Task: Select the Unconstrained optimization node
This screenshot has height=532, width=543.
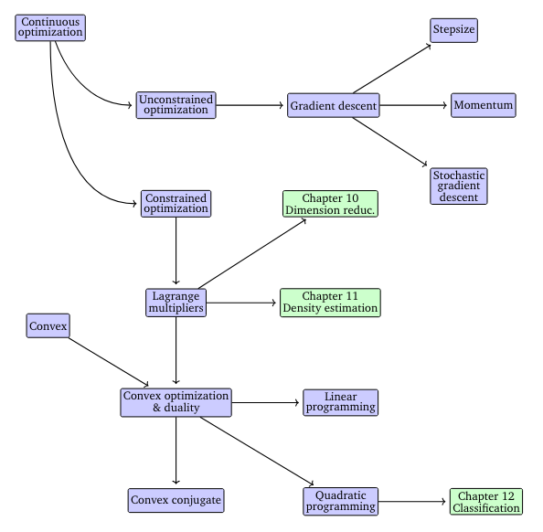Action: pyautogui.click(x=176, y=105)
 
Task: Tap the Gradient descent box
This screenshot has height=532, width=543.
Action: pyautogui.click(x=332, y=105)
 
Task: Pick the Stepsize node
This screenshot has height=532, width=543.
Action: pyautogui.click(x=454, y=30)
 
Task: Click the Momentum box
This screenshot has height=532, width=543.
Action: pyautogui.click(x=484, y=105)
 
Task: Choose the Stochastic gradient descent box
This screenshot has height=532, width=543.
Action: pyautogui.click(x=459, y=186)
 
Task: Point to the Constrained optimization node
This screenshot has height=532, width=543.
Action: pyautogui.click(x=176, y=203)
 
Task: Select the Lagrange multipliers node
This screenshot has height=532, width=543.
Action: pyautogui.click(x=176, y=303)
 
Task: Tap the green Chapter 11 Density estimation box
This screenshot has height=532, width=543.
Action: pyautogui.click(x=329, y=303)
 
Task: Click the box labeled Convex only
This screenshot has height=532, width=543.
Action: pyautogui.click(x=48, y=325)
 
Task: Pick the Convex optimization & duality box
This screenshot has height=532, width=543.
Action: pyautogui.click(x=176, y=402)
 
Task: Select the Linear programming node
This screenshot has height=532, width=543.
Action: pyautogui.click(x=340, y=402)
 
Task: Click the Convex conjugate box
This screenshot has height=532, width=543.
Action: pyautogui.click(x=176, y=500)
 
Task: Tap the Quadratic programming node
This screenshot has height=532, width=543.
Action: pyautogui.click(x=340, y=500)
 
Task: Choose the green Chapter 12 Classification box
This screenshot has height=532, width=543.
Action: pyautogui.click(x=486, y=502)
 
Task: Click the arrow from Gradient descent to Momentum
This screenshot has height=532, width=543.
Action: pyautogui.click(x=413, y=105)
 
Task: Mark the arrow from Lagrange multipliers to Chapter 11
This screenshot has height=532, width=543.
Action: pyautogui.click(x=242, y=303)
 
